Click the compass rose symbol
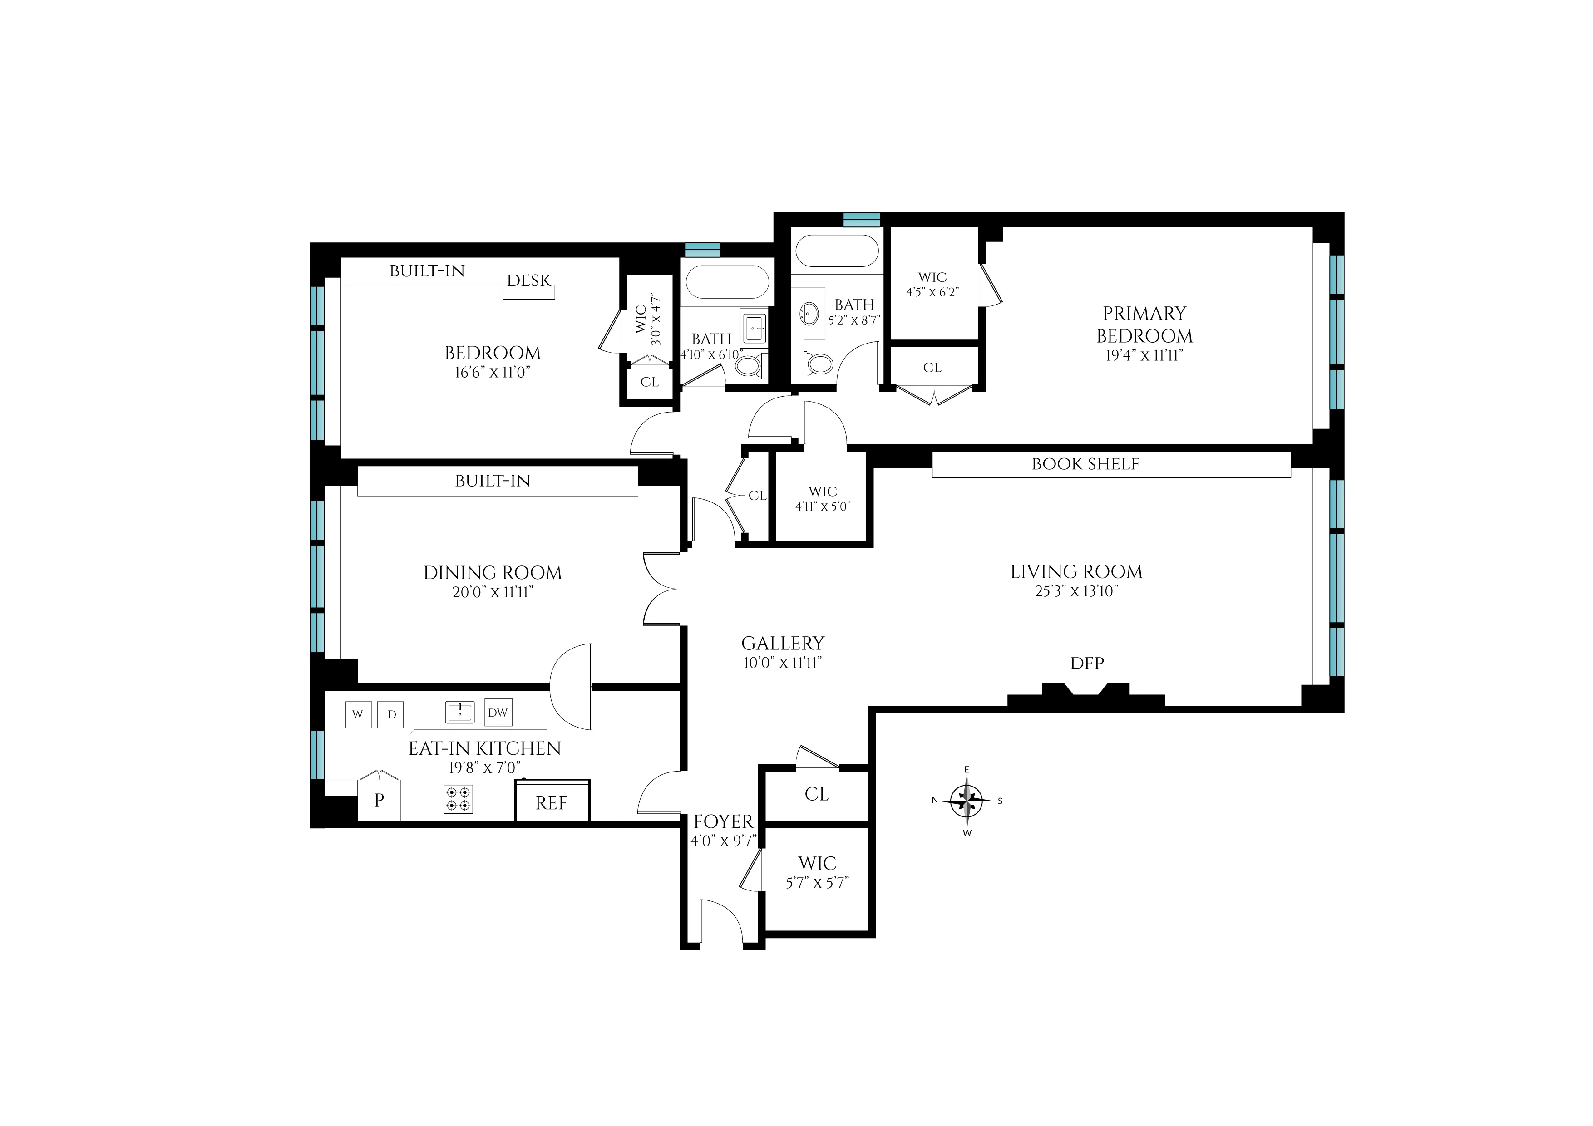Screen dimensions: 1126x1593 pos(967,801)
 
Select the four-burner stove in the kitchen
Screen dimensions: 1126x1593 pos(458,799)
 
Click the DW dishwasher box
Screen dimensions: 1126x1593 pos(498,713)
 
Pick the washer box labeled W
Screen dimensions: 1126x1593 pos(358,714)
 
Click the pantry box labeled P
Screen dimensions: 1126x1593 pos(379,800)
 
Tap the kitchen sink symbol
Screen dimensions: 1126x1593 pos(459,712)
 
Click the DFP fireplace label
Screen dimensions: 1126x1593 pos(1086,663)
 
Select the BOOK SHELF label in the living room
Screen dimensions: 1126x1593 pos(1085,464)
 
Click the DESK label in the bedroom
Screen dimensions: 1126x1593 pos(529,280)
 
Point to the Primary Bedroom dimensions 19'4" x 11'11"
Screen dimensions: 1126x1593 pos(1144,355)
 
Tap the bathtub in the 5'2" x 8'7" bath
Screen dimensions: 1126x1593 pos(837,251)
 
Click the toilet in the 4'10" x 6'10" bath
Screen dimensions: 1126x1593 pos(750,364)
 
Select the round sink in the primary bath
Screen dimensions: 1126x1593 pos(809,312)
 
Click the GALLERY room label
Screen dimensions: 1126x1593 pos(783,643)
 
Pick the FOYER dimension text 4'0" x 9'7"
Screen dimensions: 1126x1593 pos(723,841)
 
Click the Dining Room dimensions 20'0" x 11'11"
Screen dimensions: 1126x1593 pos(493,592)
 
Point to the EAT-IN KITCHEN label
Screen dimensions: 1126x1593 pos(484,748)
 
